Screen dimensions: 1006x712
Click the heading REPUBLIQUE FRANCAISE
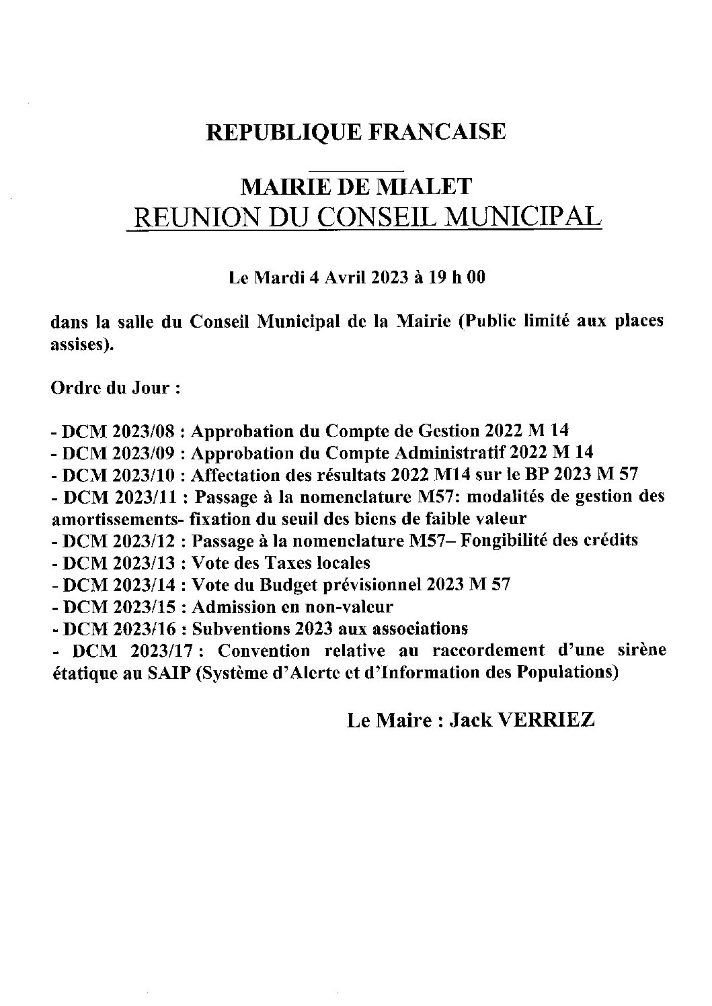point(356,132)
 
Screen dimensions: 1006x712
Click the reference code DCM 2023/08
point(119,431)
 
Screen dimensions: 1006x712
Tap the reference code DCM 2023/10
point(119,475)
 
